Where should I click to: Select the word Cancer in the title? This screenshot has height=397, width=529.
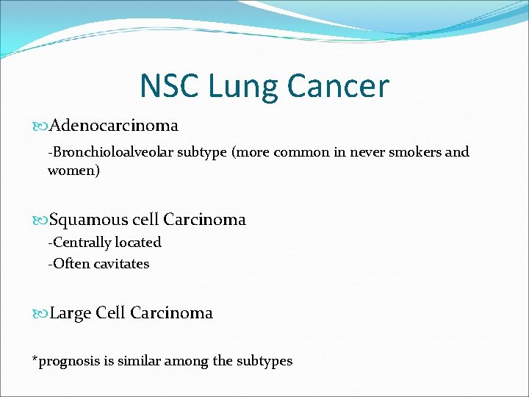(338, 86)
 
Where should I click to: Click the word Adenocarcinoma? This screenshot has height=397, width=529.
(114, 126)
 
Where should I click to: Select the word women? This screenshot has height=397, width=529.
(71, 171)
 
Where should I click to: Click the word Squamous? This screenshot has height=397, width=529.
(85, 220)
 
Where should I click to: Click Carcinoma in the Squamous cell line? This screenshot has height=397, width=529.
(205, 220)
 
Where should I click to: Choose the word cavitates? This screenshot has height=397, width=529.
(121, 263)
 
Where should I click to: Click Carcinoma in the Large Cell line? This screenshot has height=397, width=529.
(172, 313)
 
